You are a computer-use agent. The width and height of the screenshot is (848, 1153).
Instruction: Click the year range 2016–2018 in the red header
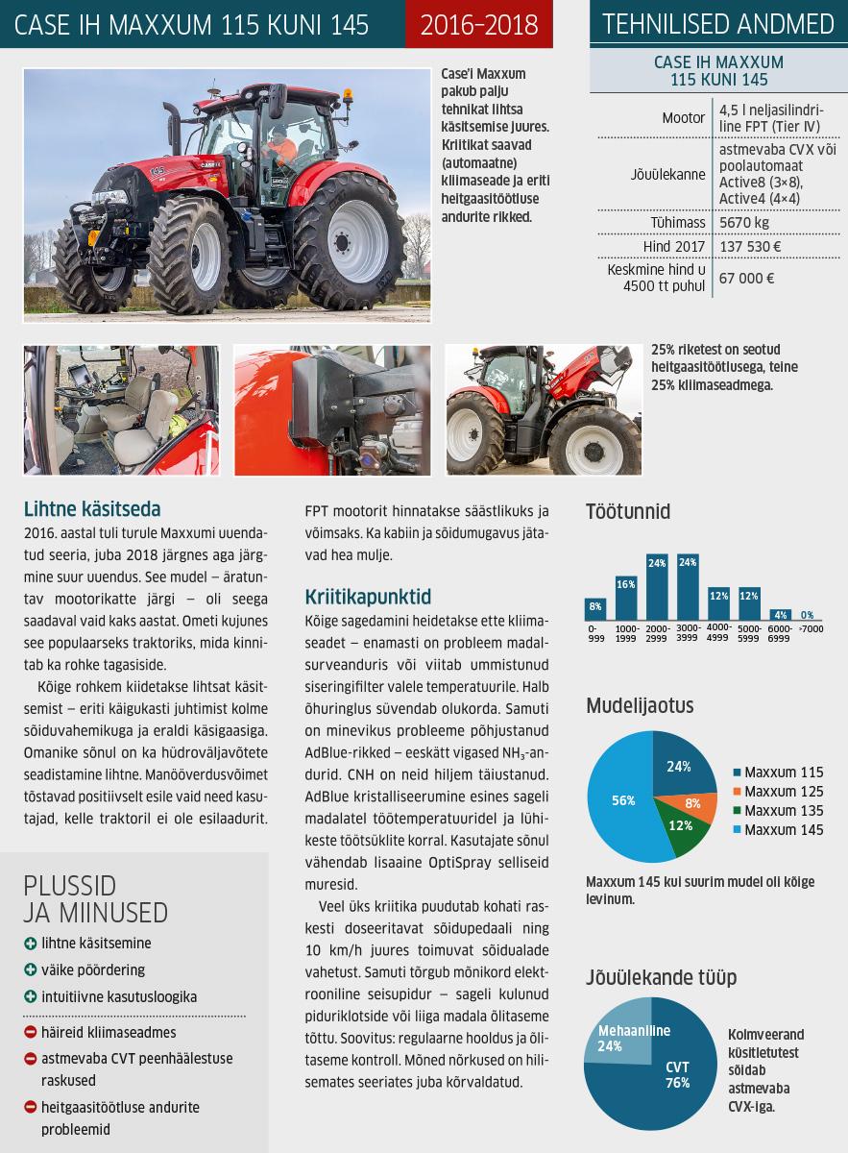point(479,24)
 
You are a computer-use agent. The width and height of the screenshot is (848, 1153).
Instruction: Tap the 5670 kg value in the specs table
point(745,222)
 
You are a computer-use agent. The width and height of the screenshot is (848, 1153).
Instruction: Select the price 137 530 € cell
point(750,247)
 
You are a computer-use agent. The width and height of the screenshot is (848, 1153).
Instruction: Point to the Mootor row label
point(684,118)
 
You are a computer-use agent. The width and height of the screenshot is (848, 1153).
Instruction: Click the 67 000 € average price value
point(747,278)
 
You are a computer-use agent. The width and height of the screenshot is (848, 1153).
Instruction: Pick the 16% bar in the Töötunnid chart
point(626,598)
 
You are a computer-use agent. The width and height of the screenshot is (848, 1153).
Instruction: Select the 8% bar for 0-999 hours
point(595,608)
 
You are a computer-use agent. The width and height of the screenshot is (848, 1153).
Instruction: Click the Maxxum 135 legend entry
point(777,811)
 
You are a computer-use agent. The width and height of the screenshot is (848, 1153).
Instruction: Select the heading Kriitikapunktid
point(368,596)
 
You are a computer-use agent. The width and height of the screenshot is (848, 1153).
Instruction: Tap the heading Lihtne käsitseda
point(90,509)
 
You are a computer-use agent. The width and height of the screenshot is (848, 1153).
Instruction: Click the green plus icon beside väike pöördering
point(31,970)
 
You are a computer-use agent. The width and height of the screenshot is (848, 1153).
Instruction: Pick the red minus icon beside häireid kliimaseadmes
point(31,1033)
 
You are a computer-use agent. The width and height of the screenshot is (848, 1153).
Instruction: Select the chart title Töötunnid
point(628,511)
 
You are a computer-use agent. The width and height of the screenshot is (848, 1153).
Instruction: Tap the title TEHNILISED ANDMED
point(717,24)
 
